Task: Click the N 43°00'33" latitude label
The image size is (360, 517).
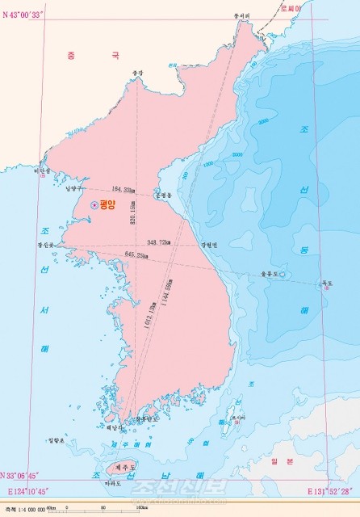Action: point(25,8)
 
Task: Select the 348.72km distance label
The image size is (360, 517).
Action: point(159,242)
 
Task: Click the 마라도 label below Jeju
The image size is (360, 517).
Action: point(113,483)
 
